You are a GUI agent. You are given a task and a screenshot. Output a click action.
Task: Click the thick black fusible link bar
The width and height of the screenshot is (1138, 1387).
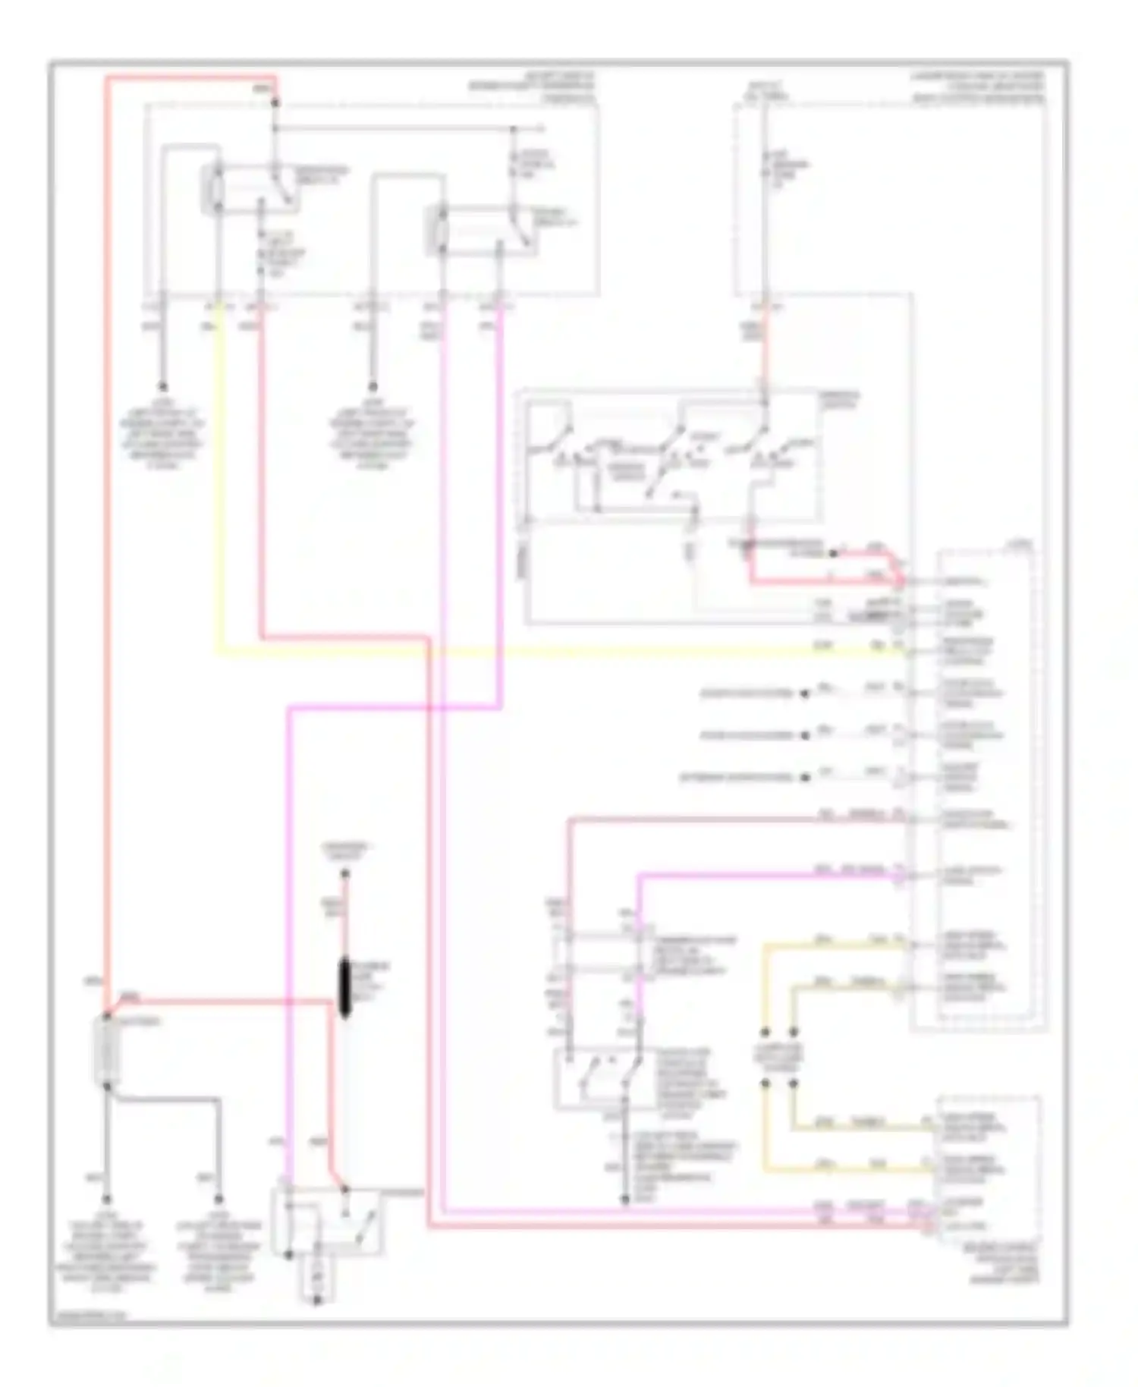[x=344, y=986]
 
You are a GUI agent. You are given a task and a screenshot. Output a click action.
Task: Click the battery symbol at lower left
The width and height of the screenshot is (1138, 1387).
[x=106, y=1051]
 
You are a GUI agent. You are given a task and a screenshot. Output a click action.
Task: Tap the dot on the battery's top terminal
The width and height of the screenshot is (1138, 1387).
[x=106, y=1015]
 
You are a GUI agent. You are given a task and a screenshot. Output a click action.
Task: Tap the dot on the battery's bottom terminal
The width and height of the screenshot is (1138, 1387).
[x=106, y=1087]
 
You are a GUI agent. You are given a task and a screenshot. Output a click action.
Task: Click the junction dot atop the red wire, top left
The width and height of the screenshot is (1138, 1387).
[x=275, y=102]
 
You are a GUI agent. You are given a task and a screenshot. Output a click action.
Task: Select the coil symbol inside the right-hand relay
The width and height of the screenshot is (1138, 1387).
[x=439, y=231]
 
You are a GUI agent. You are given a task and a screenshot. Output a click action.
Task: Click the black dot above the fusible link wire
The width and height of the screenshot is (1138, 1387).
[x=344, y=874]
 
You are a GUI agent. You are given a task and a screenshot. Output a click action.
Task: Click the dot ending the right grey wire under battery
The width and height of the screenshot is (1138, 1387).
[x=218, y=1200]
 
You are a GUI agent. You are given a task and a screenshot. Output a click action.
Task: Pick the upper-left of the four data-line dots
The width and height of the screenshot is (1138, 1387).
[x=765, y=1033]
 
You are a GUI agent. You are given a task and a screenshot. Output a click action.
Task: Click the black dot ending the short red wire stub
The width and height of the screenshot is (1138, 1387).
[x=833, y=554]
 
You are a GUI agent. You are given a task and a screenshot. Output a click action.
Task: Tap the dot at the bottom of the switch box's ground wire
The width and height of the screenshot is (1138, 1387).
[x=625, y=1200]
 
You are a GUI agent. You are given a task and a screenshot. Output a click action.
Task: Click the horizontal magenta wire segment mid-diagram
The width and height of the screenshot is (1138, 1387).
[x=395, y=709]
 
